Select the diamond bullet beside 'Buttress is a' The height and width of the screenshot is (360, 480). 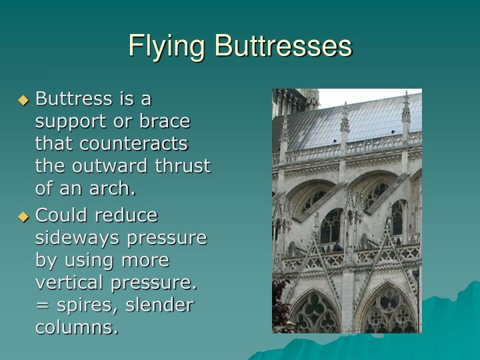pyautogui.click(x=24, y=101)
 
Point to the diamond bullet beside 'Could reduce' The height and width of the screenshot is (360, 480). pyautogui.click(x=24, y=217)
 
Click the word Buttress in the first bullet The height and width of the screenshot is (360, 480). pyautogui.click(x=73, y=99)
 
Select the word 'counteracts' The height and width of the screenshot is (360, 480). pyautogui.click(x=132, y=144)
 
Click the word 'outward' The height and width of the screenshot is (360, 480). pyautogui.click(x=103, y=166)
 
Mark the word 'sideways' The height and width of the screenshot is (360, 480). pyautogui.click(x=73, y=238)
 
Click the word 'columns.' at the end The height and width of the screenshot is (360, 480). pyautogui.click(x=77, y=327)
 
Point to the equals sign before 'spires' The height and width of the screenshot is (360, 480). pyautogui.click(x=41, y=306)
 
